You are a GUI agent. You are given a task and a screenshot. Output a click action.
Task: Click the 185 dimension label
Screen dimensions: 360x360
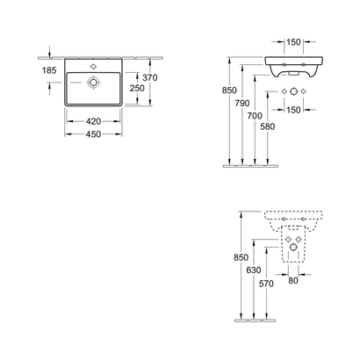[49, 70]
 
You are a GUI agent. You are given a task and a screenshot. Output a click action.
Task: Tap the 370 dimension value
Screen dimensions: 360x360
[150, 78]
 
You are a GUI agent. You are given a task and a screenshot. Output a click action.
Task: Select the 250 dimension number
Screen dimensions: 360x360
[137, 88]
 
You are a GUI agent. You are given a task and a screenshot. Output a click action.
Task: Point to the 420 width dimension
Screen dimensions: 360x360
[93, 121]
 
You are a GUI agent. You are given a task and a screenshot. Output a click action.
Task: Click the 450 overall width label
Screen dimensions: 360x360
[93, 134]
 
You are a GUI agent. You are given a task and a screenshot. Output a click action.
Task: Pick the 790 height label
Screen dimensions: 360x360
[242, 103]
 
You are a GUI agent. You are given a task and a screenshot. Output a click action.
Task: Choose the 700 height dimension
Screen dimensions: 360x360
[255, 116]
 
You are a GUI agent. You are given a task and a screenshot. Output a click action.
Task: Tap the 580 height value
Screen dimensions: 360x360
[268, 126]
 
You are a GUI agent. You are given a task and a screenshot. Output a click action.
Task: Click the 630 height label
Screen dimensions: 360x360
[254, 270]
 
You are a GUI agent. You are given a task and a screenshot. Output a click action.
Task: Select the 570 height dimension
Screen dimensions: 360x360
[266, 284]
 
